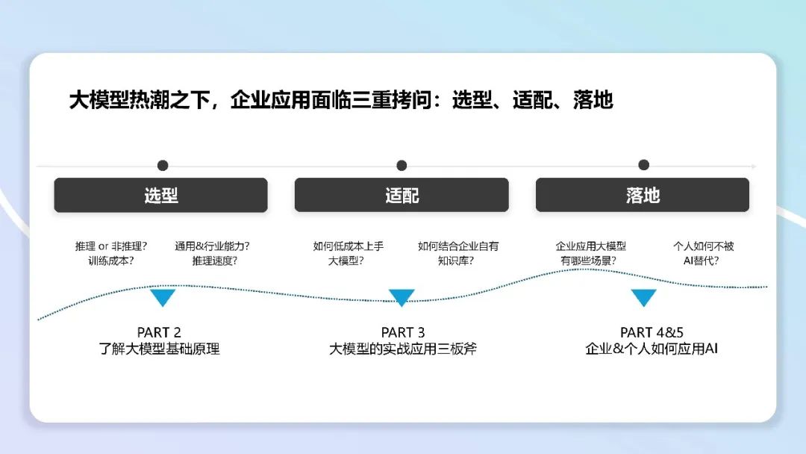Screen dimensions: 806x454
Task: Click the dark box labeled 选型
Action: click(160, 195)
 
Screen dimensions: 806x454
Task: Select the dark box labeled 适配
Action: click(402, 195)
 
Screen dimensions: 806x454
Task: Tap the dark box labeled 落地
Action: click(643, 195)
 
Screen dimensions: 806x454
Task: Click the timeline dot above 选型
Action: click(163, 165)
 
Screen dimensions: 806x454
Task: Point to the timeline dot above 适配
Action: click(402, 165)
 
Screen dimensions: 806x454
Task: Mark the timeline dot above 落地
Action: click(643, 164)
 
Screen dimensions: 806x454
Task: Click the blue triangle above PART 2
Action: click(163, 297)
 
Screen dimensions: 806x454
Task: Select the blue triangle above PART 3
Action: click(402, 297)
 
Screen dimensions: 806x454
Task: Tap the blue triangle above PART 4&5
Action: click(643, 297)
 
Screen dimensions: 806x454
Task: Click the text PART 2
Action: click(159, 332)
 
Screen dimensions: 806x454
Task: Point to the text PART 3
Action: click(403, 332)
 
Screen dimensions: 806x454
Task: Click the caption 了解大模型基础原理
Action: click(159, 349)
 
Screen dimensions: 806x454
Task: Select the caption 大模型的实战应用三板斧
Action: click(403, 349)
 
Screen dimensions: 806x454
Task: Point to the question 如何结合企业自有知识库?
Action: click(457, 253)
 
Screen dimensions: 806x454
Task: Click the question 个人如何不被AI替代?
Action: click(703, 253)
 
